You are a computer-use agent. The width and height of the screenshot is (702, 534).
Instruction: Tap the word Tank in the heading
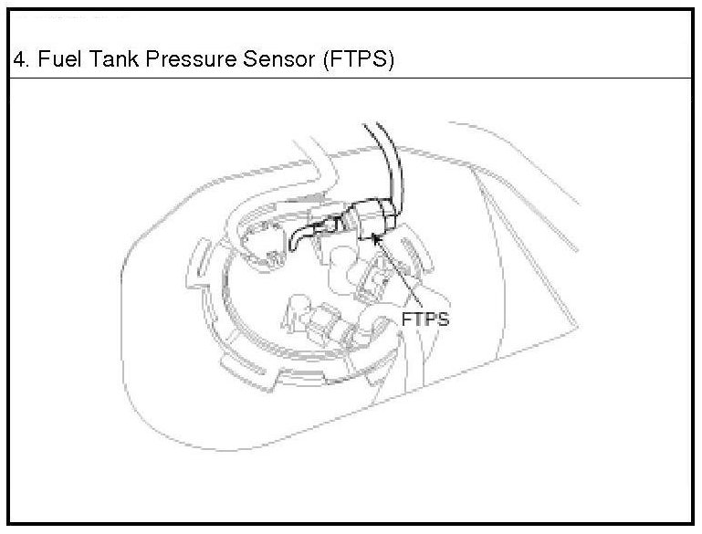[x=115, y=60]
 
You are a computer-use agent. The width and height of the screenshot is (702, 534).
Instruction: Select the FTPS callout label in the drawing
[x=425, y=320]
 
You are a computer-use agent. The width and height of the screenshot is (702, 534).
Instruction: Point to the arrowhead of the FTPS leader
[x=377, y=236]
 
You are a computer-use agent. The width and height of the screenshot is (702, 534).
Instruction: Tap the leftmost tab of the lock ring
[x=195, y=264]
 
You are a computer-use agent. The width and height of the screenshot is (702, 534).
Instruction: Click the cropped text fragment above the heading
[x=73, y=17]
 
